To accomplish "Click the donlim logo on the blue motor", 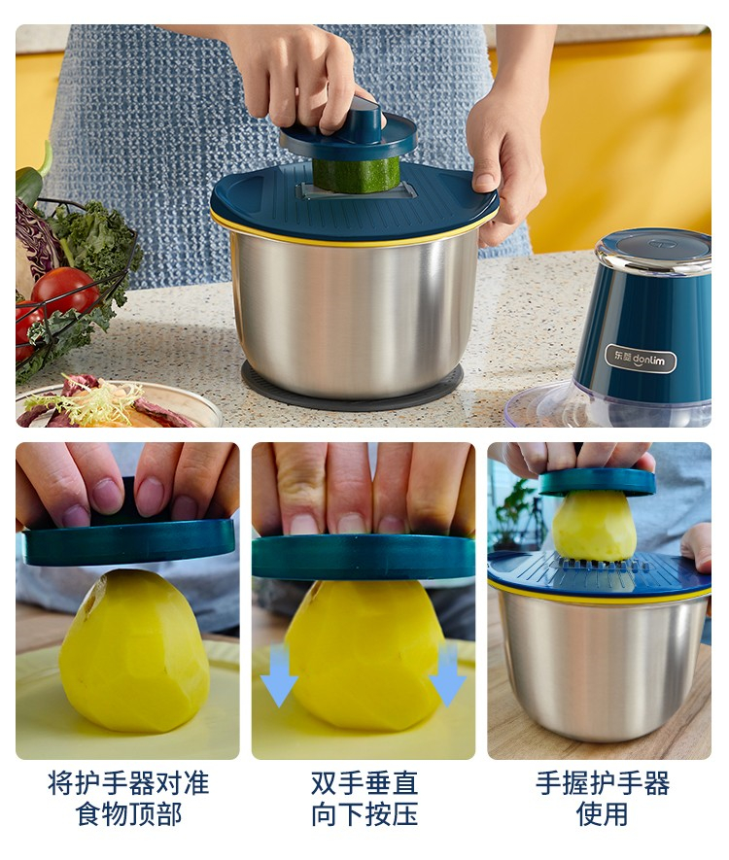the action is click(x=641, y=360).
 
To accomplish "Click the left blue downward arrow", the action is click(x=279, y=675).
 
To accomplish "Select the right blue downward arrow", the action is click(x=447, y=675).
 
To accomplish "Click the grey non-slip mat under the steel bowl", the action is click(x=352, y=387).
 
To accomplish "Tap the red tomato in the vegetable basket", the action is click(x=65, y=292).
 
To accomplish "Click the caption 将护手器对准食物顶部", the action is click(x=127, y=798).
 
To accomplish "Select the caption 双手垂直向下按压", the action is click(x=364, y=798).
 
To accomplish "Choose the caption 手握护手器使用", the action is click(x=602, y=798).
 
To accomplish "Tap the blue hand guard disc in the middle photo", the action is click(x=364, y=556).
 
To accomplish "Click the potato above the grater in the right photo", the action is click(x=594, y=527).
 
